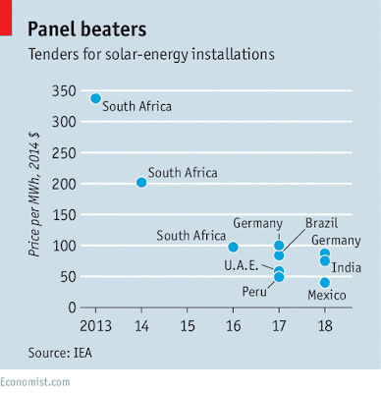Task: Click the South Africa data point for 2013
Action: point(95,98)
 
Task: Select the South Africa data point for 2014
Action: point(141,183)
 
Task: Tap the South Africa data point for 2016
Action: point(233,247)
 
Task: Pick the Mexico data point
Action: point(325,282)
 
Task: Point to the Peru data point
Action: point(279,277)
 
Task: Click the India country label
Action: point(347,267)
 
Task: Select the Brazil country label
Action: point(321,223)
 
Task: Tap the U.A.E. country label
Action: point(242,265)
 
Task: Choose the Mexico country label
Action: point(327,295)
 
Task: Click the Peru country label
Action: point(254,291)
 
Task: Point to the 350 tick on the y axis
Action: point(64,91)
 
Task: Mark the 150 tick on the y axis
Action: point(64,215)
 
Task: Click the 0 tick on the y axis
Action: point(72,308)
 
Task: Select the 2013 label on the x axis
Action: point(95,326)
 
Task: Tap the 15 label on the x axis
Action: point(188,326)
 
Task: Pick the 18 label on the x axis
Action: point(325,326)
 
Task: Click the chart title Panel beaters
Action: point(87,29)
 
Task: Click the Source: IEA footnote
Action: point(60,353)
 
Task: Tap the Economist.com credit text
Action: point(35,382)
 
